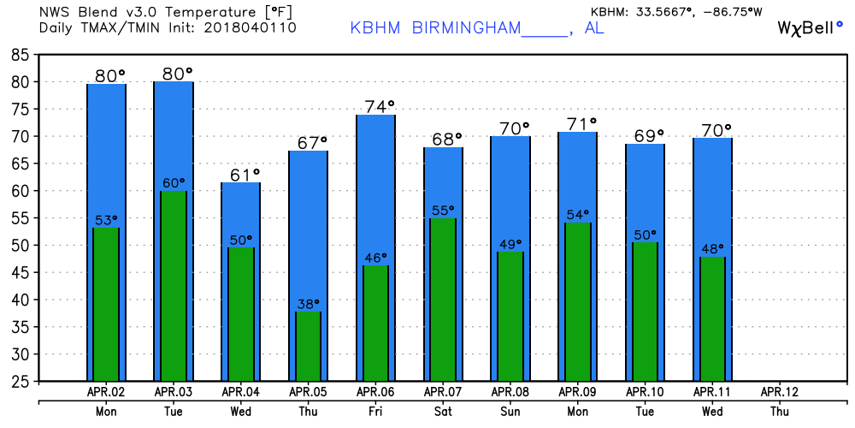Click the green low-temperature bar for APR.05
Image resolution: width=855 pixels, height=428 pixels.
(309, 347)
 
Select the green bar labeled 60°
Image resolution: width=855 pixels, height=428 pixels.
(174, 286)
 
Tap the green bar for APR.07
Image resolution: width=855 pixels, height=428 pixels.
(443, 300)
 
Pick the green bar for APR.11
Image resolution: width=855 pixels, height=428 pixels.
(712, 318)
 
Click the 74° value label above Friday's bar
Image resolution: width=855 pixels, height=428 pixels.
(380, 106)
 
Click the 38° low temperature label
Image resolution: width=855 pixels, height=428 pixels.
(309, 303)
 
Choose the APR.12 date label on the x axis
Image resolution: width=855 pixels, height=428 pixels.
(779, 392)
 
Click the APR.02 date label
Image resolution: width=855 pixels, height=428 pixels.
(106, 392)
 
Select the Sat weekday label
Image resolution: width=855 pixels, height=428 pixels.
(443, 411)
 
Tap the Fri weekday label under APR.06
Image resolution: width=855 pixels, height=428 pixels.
(375, 411)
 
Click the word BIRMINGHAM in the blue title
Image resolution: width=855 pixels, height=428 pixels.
(466, 27)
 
